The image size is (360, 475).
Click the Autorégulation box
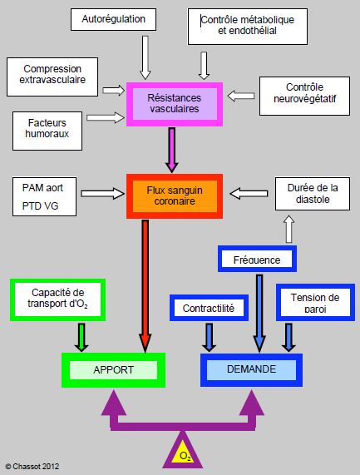tap(114, 19)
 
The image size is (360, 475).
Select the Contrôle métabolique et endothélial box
tap(248, 27)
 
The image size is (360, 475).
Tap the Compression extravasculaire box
tap(52, 77)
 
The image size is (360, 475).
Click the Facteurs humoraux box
tap(47, 131)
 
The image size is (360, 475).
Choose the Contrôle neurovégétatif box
tap(304, 96)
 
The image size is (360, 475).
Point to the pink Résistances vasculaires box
tap(175, 104)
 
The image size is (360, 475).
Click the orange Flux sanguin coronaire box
tap(175, 196)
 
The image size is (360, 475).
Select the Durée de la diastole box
tap(313, 194)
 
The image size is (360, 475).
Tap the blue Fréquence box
tap(257, 259)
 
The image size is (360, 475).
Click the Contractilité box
tap(209, 308)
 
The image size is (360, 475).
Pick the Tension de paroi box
tap(315, 302)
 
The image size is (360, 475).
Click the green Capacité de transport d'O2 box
tap(58, 300)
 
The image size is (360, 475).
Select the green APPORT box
tap(114, 370)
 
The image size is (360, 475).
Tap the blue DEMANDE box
tap(251, 369)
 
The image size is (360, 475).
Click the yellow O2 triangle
tap(183, 452)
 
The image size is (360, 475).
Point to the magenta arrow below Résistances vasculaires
tap(171, 150)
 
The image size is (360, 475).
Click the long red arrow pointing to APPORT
tap(145, 286)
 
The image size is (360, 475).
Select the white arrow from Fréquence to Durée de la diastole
tap(289, 229)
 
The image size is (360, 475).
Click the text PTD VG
tap(40, 206)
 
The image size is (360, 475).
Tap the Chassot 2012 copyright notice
tap(32, 467)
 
